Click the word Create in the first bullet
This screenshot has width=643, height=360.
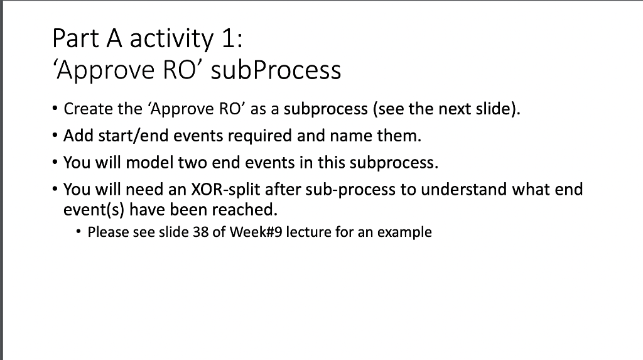click(87, 109)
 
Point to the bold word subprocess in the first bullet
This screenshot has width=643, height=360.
click(325, 110)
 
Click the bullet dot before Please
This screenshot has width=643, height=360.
click(77, 232)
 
